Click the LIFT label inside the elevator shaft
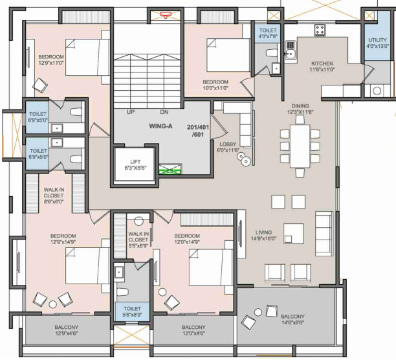(135, 162)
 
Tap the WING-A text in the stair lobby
(160, 126)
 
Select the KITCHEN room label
(322, 63)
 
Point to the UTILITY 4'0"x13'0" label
(378, 43)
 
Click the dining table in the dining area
(300, 146)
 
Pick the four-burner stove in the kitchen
(320, 30)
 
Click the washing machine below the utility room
(377, 91)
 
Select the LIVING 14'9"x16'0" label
(263, 235)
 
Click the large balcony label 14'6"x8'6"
(292, 319)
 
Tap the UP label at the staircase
(130, 111)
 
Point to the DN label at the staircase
(164, 111)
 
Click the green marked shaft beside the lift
(170, 169)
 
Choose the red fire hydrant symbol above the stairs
(166, 14)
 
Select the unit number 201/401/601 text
(198, 131)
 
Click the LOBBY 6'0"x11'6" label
(228, 147)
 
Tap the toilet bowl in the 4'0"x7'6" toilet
(272, 53)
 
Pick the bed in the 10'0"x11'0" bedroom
(228, 55)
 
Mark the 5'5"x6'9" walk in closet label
(138, 240)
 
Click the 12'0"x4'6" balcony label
(193, 330)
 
